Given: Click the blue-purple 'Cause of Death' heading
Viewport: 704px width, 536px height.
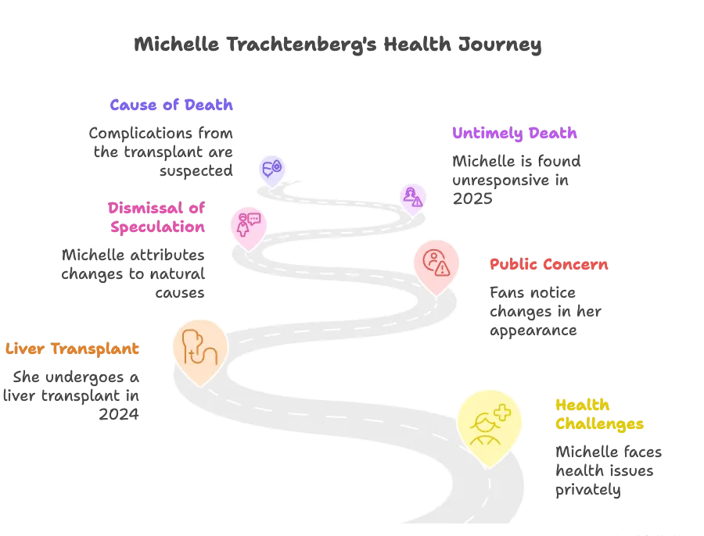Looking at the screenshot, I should [x=172, y=105].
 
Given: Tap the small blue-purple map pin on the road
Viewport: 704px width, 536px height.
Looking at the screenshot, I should [x=271, y=168].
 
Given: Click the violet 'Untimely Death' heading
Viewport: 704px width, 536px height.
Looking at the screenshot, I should [x=515, y=133].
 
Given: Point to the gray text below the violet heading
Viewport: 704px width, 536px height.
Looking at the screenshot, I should [x=515, y=178].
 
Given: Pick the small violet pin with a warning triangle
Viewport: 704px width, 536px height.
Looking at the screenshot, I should [x=412, y=197].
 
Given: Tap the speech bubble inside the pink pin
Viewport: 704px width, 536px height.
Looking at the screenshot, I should [x=253, y=219].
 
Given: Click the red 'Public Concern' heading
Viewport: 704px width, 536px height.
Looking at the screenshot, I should [x=549, y=265].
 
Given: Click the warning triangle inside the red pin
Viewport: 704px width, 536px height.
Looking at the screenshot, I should [x=443, y=269].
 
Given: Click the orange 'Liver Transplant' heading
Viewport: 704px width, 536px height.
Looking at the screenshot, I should [x=73, y=349].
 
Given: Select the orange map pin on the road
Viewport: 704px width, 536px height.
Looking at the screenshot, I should [x=199, y=348].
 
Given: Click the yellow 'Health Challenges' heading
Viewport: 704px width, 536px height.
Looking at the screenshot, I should [x=598, y=414].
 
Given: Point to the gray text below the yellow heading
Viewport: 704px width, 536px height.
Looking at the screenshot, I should [x=606, y=471].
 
